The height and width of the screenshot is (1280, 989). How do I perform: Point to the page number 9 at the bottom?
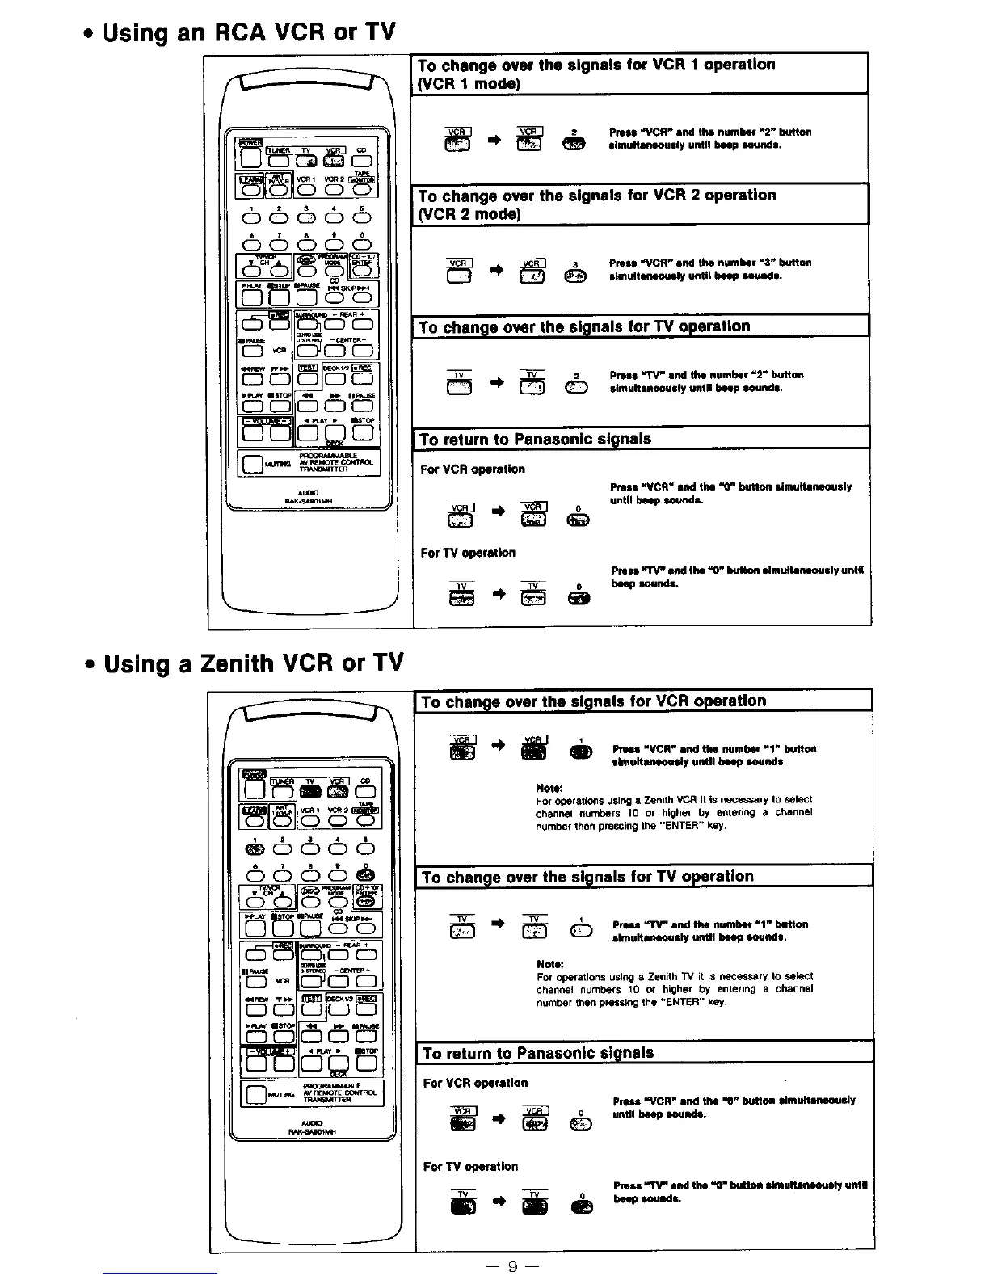coord(511,1266)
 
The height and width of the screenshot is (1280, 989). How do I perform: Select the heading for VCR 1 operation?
coord(596,74)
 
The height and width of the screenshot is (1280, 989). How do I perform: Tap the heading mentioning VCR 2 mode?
coord(596,204)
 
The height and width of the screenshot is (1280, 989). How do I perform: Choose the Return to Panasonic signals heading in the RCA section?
coord(536,440)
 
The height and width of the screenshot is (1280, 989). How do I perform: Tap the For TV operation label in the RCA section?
coord(468,553)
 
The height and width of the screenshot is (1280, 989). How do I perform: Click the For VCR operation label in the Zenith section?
coord(475,1083)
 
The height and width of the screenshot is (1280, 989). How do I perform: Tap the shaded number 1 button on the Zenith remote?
coord(255,849)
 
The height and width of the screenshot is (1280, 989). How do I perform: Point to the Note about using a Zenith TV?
coord(674,983)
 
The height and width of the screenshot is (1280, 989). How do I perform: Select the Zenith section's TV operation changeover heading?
coord(587,877)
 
